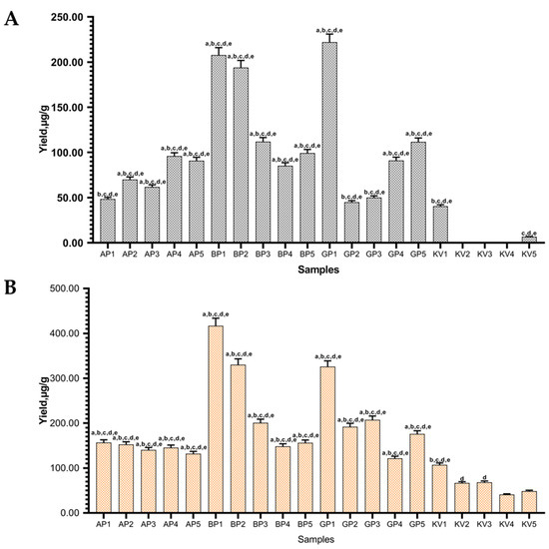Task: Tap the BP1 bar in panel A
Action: coord(219,150)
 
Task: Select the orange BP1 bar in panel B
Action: coord(215,419)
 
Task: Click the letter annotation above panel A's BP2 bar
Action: coord(241,56)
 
